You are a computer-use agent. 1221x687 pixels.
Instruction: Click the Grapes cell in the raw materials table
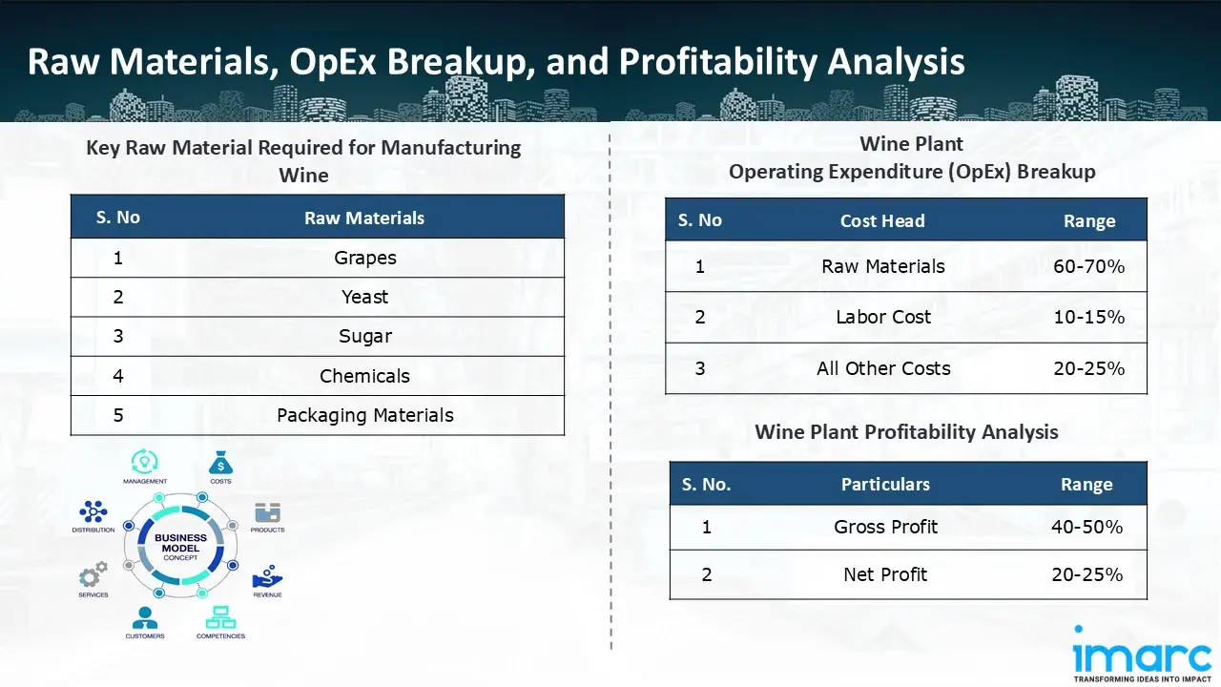pyautogui.click(x=364, y=258)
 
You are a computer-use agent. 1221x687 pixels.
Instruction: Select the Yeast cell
pyautogui.click(x=364, y=297)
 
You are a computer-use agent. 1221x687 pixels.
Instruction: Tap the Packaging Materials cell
pyautogui.click(x=364, y=415)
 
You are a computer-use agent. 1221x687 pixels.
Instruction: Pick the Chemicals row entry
pyautogui.click(x=364, y=376)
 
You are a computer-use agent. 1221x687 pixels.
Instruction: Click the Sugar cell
pyautogui.click(x=364, y=336)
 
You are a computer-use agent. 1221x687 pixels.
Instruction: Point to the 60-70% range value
pyautogui.click(x=1088, y=266)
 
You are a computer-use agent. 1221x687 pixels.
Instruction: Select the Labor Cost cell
pyautogui.click(x=882, y=317)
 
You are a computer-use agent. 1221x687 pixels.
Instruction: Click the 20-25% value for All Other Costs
pyautogui.click(x=1088, y=368)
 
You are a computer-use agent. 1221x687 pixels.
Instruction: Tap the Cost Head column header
pyautogui.click(x=881, y=220)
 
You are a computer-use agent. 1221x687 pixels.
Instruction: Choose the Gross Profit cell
pyautogui.click(x=885, y=527)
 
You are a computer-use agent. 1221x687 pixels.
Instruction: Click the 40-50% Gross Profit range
pyautogui.click(x=1086, y=527)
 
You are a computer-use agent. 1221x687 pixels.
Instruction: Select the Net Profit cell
pyautogui.click(x=885, y=574)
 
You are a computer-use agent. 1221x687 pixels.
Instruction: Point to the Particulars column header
pyautogui.click(x=884, y=485)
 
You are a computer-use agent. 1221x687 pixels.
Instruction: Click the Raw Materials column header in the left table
pyautogui.click(x=364, y=219)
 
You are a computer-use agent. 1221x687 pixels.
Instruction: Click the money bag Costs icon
pyautogui.click(x=220, y=464)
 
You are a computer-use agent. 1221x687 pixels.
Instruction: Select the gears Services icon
pyautogui.click(x=93, y=574)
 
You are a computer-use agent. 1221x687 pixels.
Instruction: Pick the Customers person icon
pyautogui.click(x=145, y=617)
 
